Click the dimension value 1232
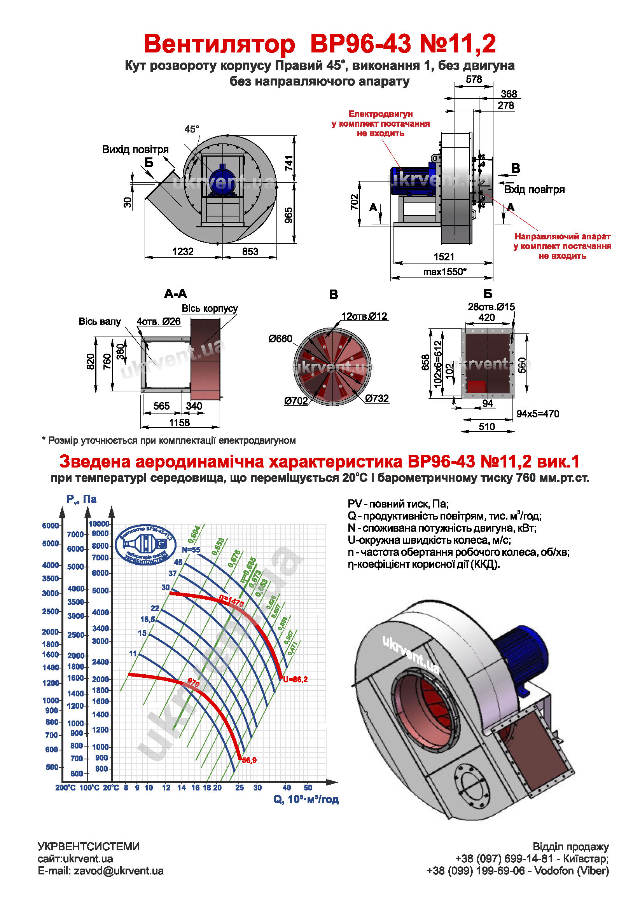pyautogui.click(x=183, y=252)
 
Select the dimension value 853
pyautogui.click(x=250, y=252)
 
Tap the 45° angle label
pyautogui.click(x=192, y=129)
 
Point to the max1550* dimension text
pyautogui.click(x=445, y=272)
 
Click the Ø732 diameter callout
pyautogui.click(x=377, y=398)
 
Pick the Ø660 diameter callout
pyautogui.click(x=280, y=339)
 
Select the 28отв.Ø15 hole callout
pyautogui.click(x=491, y=307)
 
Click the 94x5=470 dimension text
pyautogui.click(x=537, y=414)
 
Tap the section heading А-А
pyautogui.click(x=175, y=294)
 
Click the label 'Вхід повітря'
pyautogui.click(x=534, y=190)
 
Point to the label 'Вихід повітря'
pyautogui.click(x=135, y=150)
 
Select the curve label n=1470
pyautogui.click(x=232, y=601)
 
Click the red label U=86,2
pyautogui.click(x=296, y=680)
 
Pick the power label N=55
pyautogui.click(x=191, y=550)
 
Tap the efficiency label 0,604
pyautogui.click(x=194, y=534)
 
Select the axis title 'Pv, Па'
pyautogui.click(x=82, y=500)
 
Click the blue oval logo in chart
pyautogui.click(x=145, y=545)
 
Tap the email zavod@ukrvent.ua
pyautogui.click(x=119, y=871)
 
